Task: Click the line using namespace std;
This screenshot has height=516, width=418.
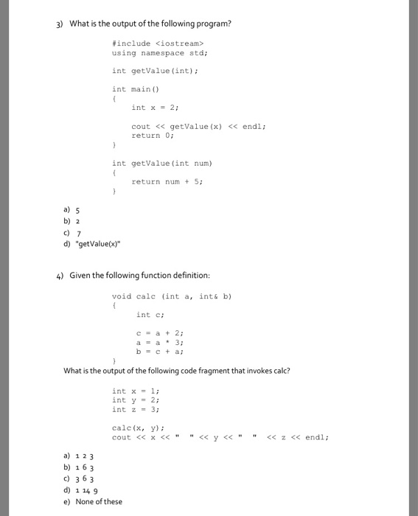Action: click(159, 53)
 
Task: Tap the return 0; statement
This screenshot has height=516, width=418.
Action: click(150, 136)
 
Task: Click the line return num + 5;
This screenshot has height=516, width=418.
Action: click(167, 181)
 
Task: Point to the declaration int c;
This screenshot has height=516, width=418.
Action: click(149, 315)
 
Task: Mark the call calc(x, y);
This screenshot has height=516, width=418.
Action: click(138, 428)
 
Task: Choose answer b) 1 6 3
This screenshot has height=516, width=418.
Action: click(78, 467)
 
